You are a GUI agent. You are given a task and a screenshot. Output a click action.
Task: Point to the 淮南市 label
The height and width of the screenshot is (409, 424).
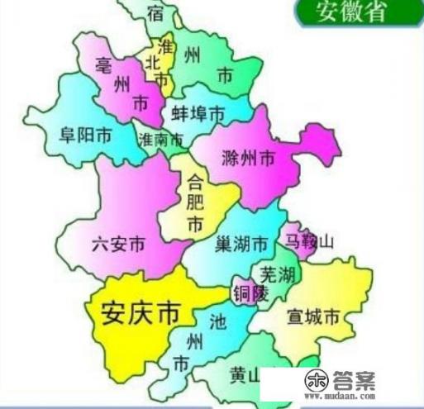tap(162, 140)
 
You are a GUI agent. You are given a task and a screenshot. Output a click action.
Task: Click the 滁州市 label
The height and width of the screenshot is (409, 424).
tap(249, 157)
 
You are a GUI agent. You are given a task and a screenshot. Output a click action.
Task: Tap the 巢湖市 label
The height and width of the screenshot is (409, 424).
tap(241, 245)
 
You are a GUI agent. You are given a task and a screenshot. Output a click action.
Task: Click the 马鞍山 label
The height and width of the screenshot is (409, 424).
tap(309, 242)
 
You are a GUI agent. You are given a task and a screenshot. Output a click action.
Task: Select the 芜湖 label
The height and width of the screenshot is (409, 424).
tap(278, 274)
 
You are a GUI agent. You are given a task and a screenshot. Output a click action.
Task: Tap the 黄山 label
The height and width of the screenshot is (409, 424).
tap(245, 377)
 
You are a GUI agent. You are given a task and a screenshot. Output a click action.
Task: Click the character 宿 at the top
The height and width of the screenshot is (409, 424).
tap(155, 12)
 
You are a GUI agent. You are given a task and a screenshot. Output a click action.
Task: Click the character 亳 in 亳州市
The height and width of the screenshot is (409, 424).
tap(104, 64)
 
